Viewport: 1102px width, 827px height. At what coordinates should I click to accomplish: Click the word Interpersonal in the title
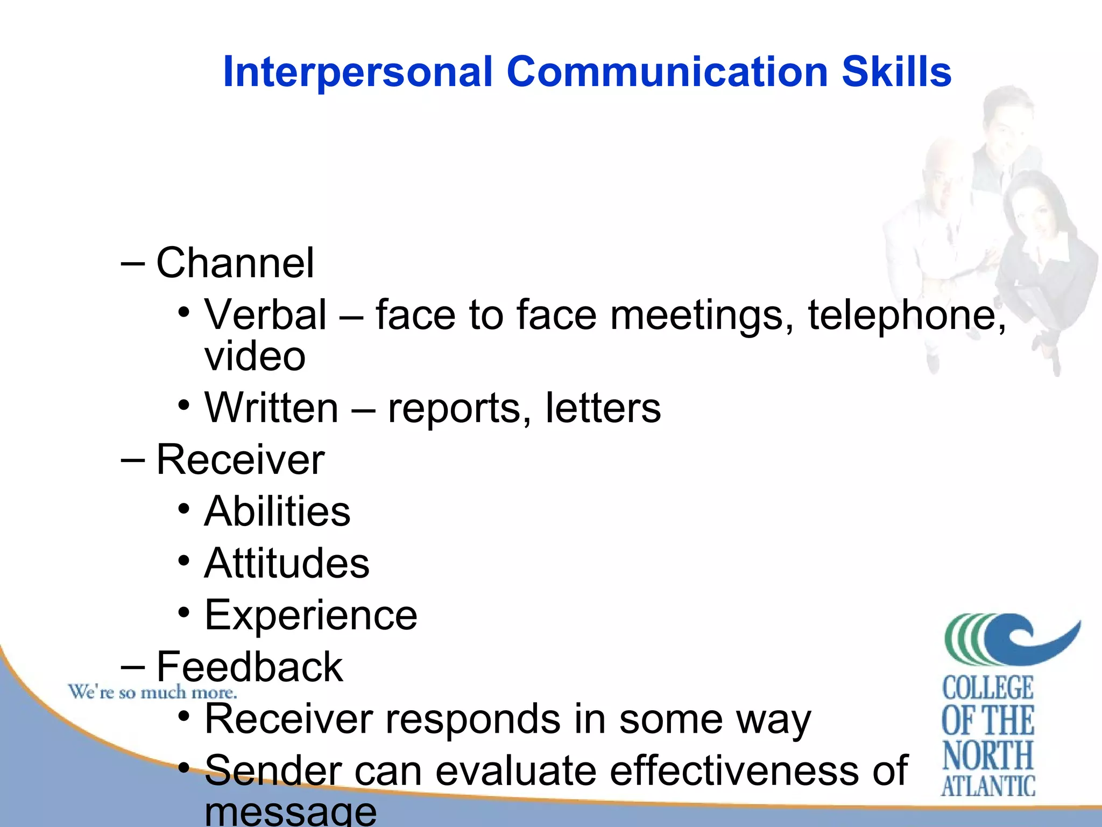357,72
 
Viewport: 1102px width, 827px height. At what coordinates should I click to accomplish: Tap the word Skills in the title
896,72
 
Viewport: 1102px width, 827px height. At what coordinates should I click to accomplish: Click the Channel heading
235,263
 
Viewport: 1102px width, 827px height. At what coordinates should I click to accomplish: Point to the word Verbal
265,315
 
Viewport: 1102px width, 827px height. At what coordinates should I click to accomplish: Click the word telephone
906,315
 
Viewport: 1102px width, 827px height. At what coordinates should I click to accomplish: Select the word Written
272,408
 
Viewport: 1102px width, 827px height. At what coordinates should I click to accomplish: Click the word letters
603,408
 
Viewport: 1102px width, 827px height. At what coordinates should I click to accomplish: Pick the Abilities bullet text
278,511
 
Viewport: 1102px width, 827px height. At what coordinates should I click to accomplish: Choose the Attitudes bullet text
287,563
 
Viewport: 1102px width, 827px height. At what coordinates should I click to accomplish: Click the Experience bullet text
311,615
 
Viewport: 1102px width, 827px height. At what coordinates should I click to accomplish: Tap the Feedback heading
249,667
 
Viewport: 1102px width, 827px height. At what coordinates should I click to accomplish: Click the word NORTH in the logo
988,755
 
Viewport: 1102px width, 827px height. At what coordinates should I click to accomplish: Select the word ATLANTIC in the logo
988,786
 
